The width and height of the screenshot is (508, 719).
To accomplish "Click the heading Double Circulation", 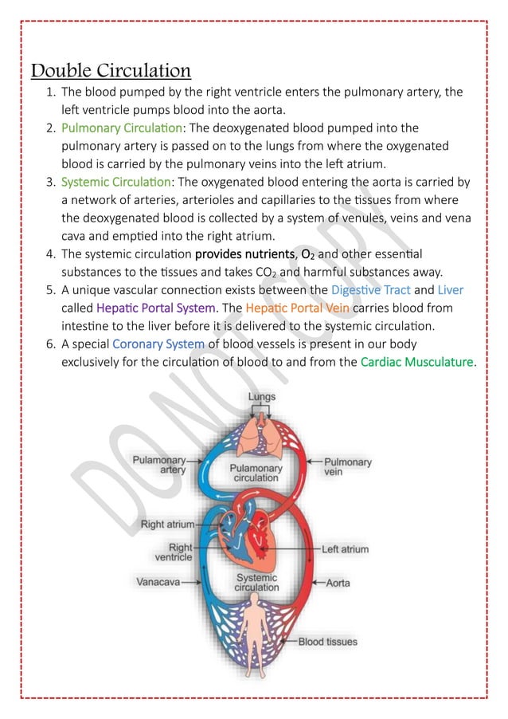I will [x=111, y=70].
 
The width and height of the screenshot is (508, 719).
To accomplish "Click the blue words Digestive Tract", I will [x=370, y=290].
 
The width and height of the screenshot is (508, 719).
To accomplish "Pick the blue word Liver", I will [x=450, y=290].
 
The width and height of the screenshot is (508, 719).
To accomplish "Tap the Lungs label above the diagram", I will [x=261, y=396].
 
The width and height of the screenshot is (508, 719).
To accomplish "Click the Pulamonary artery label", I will [x=159, y=465].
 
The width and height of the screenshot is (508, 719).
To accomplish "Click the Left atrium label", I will [x=345, y=549].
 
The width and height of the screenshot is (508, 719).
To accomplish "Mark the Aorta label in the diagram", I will [x=338, y=583].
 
